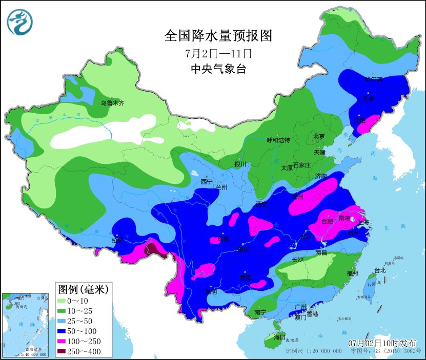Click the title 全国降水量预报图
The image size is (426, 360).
217,36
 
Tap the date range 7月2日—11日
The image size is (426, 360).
217,53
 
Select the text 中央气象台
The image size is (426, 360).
217,69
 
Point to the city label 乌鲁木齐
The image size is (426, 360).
112,103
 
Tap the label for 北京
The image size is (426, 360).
319,136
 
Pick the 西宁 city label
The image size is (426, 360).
207,182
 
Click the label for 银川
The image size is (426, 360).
240,164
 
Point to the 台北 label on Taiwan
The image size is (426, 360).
379,270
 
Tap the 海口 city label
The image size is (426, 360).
279,337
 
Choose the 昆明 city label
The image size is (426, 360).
211,292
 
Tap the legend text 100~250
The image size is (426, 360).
89,341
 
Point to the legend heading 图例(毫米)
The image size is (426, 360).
83,289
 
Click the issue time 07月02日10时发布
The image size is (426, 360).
382,343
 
